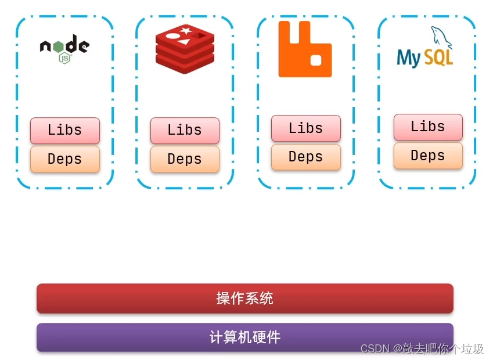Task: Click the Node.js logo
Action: click(x=64, y=48)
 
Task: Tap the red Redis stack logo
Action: click(x=185, y=49)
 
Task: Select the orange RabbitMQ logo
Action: click(x=305, y=49)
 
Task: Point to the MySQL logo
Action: click(x=426, y=49)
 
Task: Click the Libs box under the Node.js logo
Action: click(x=65, y=130)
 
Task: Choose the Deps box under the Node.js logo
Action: click(x=65, y=159)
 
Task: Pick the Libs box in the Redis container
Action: click(x=185, y=130)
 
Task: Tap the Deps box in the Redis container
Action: click(x=185, y=159)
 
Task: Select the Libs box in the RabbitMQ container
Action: click(x=306, y=128)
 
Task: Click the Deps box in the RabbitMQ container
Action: click(x=306, y=157)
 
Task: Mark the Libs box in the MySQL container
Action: click(x=428, y=127)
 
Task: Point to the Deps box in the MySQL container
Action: click(x=428, y=156)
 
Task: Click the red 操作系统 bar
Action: click(x=244, y=298)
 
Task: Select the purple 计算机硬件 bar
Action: click(x=244, y=337)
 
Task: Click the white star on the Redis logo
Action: click(x=186, y=30)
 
